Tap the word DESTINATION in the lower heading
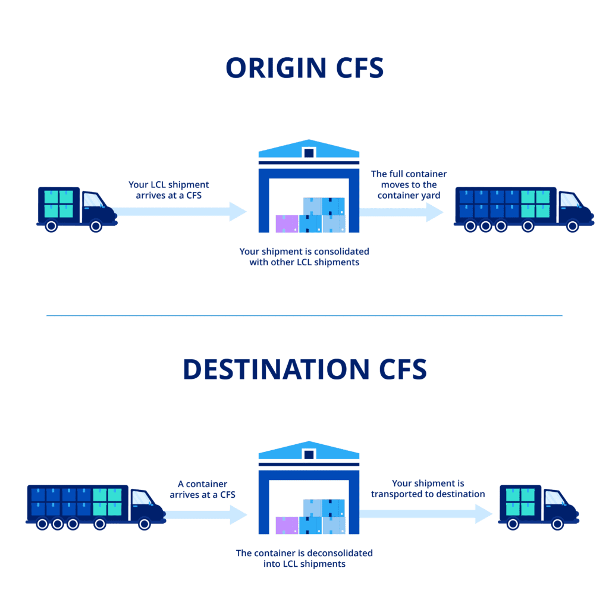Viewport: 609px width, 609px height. pyautogui.click(x=276, y=369)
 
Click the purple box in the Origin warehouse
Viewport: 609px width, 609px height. pyautogui.click(x=287, y=224)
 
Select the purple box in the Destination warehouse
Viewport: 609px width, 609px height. pyautogui.click(x=287, y=525)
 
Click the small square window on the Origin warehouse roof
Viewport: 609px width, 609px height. pyautogui.click(x=309, y=153)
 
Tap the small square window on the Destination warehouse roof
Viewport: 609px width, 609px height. pyautogui.click(x=309, y=454)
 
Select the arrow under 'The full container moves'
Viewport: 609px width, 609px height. pyautogui.click(x=401, y=212)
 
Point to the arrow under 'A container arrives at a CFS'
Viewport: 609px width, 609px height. pyautogui.click(x=205, y=514)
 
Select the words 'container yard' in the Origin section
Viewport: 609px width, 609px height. pyautogui.click(x=409, y=195)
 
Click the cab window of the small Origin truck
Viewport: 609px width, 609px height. pyautogui.click(x=92, y=200)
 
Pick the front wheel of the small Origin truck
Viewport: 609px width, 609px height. pyautogui.click(x=95, y=226)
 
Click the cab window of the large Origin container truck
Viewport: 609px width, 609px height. pyautogui.click(x=569, y=200)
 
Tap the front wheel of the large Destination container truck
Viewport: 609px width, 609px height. pyautogui.click(x=144, y=525)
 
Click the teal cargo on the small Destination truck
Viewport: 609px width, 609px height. pyautogui.click(x=520, y=502)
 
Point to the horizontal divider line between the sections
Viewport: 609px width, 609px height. pyautogui.click(x=304, y=316)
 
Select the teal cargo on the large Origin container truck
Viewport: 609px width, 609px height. pyautogui.click(x=535, y=203)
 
